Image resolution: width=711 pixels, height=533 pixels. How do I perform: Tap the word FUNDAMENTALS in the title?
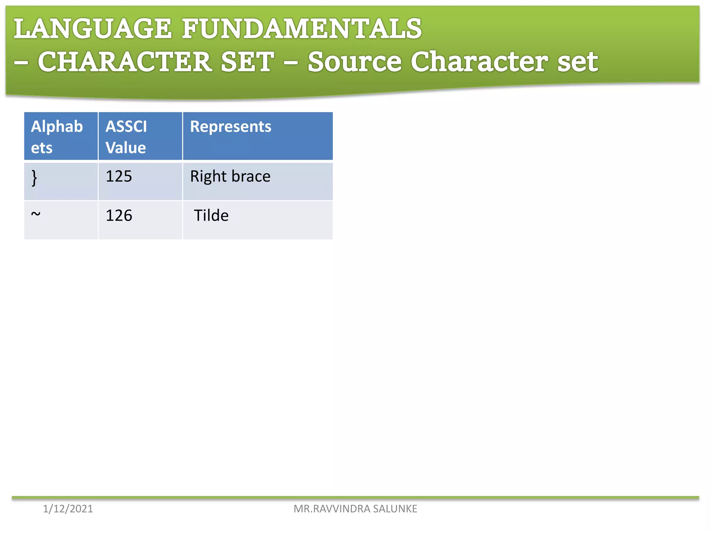coord(302,29)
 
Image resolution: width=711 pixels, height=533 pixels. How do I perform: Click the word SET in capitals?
coord(247,62)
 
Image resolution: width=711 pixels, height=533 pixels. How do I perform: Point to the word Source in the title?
coord(354,62)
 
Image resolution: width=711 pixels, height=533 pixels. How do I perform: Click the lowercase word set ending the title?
coord(577,62)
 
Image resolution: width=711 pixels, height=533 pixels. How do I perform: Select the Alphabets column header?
coord(57,137)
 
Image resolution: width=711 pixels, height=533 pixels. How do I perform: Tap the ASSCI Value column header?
coord(126,137)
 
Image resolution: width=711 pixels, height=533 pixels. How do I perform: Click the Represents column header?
coord(231,127)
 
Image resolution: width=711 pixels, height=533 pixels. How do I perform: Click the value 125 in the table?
coord(119,176)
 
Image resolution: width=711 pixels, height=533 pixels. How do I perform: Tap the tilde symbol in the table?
coord(36,214)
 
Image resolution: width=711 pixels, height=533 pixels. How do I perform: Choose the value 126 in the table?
coord(119,215)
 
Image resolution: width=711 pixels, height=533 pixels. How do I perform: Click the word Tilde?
coord(211,215)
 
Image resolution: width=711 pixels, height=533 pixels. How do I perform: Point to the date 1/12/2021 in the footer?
coord(68,509)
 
